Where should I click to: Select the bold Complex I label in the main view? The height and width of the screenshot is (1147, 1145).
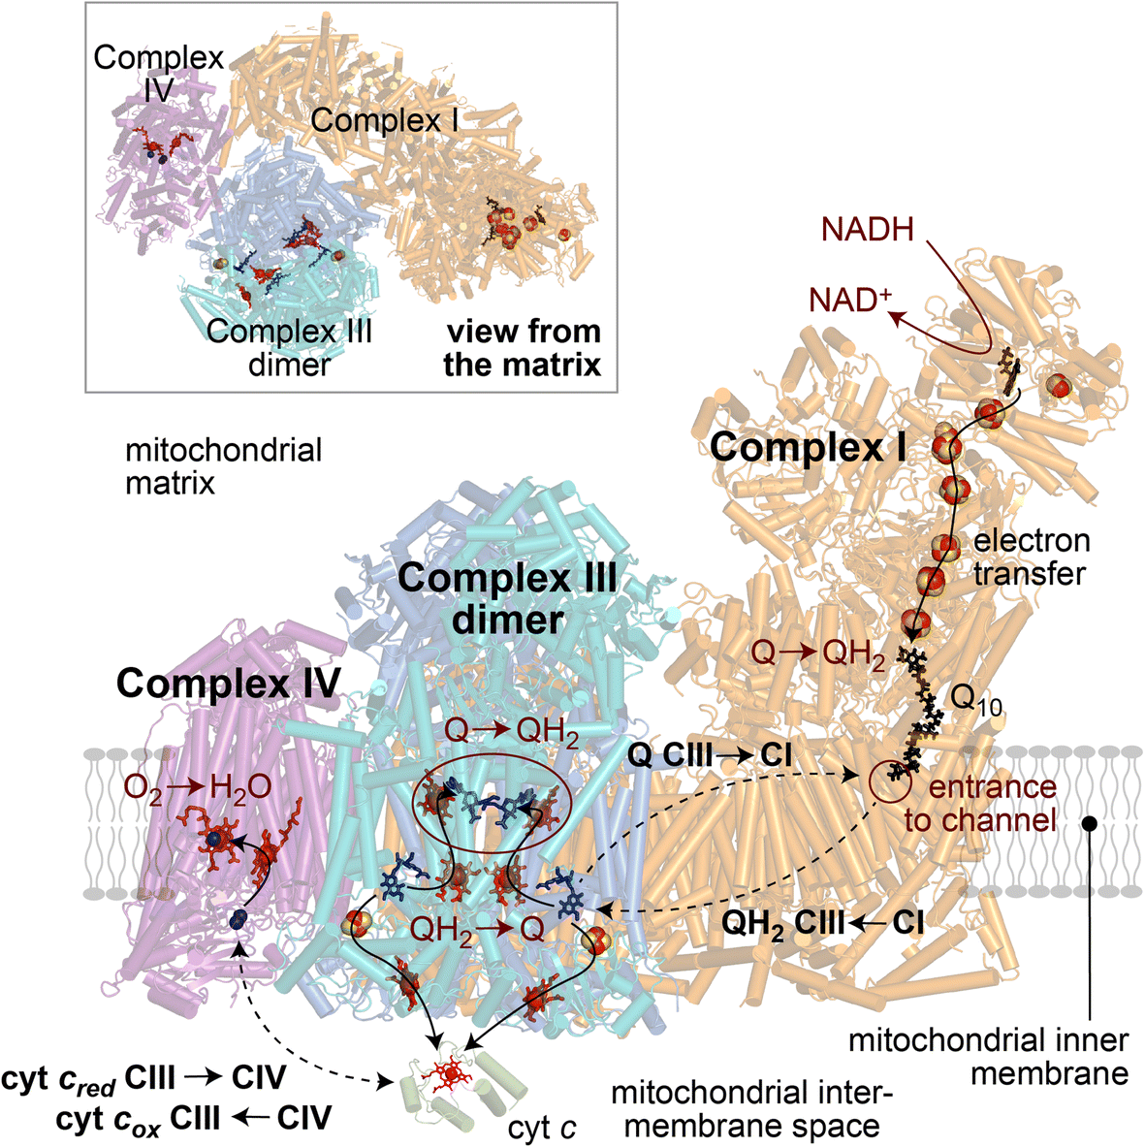809,447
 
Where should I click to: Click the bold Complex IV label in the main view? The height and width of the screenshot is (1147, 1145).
229,684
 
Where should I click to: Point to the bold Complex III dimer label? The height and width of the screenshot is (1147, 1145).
507,598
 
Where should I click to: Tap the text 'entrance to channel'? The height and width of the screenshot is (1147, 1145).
980,803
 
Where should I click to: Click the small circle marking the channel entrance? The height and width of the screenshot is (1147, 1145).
891,776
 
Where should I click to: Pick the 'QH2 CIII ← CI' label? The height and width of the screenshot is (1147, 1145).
822,923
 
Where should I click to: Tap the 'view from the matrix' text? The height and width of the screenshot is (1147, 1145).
523,347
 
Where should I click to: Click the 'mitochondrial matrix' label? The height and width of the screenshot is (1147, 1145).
224,465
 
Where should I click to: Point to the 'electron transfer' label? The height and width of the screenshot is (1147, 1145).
1031,557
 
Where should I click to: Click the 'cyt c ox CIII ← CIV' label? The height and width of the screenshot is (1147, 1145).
194,1118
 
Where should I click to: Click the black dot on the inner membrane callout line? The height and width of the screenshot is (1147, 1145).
1090,823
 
